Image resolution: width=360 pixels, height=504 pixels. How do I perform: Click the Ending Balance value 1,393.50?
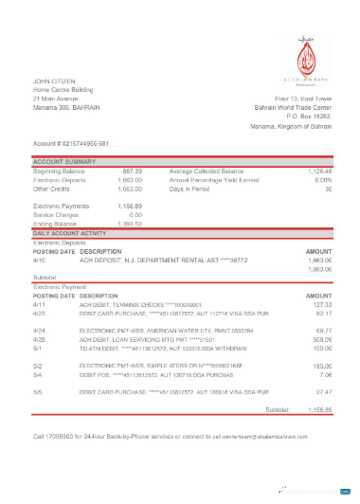(130, 223)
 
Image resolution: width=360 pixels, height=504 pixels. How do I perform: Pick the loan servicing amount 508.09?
(320, 336)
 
